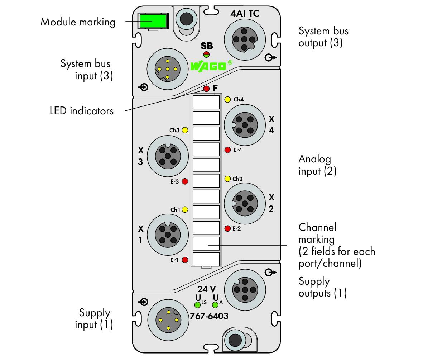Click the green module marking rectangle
[x=153, y=21]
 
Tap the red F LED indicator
[x=206, y=88]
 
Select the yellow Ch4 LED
[x=228, y=99]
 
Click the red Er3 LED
[x=185, y=181]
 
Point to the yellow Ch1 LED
[x=185, y=209]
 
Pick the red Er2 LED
[x=228, y=228]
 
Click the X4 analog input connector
[x=245, y=125]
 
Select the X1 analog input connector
[x=168, y=235]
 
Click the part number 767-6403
[x=209, y=316]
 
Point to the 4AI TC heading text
[x=244, y=14]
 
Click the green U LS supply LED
[x=197, y=305]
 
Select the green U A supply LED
[x=215, y=305]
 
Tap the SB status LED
[x=206, y=54]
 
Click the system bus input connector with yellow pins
[x=168, y=69]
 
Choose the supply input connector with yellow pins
[x=168, y=320]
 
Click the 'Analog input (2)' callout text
[x=317, y=165]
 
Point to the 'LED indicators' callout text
[x=81, y=111]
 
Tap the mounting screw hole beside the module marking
[x=186, y=19]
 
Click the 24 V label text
[x=207, y=289]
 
